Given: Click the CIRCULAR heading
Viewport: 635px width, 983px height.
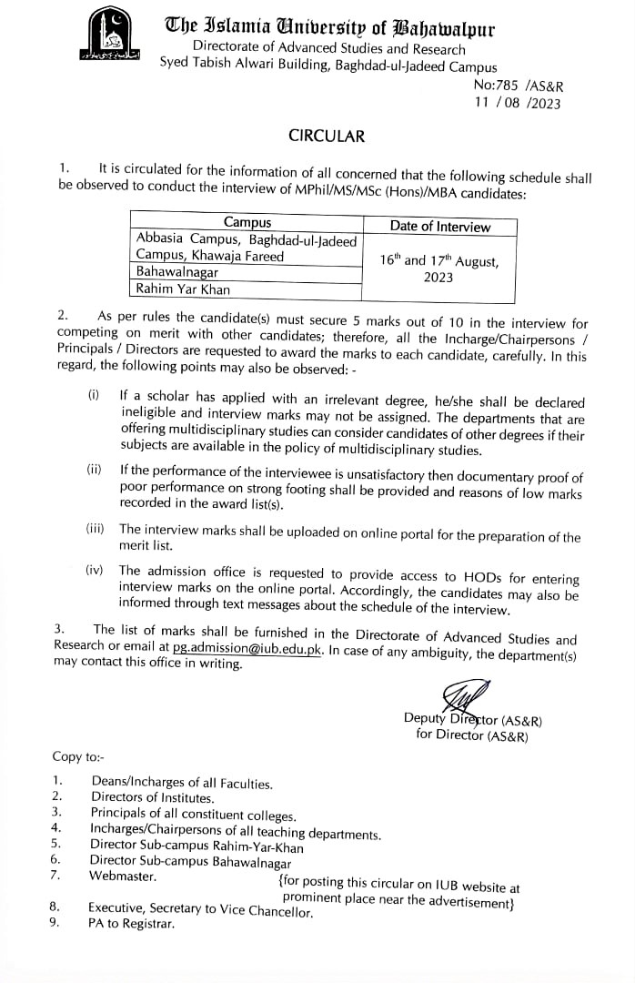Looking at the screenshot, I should [326, 136].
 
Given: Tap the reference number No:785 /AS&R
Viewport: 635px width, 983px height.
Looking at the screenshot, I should [519, 86].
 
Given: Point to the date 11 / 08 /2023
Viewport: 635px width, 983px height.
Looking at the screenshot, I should [518, 103].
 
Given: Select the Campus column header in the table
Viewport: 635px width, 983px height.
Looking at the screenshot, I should [247, 222].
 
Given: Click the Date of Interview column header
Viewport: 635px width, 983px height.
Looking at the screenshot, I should [439, 227].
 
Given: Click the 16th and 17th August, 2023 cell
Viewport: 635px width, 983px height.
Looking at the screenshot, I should [438, 269].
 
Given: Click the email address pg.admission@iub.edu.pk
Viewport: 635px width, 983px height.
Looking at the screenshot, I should [246, 648].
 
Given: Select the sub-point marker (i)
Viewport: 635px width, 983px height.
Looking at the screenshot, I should [94, 395].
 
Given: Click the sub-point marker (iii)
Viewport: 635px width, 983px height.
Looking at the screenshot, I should [96, 529].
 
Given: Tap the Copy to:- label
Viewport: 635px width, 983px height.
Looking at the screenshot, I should [78, 756].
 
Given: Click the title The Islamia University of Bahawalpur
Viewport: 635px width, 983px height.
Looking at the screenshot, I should [329, 29].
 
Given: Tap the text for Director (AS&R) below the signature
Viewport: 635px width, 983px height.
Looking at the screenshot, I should [471, 735].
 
